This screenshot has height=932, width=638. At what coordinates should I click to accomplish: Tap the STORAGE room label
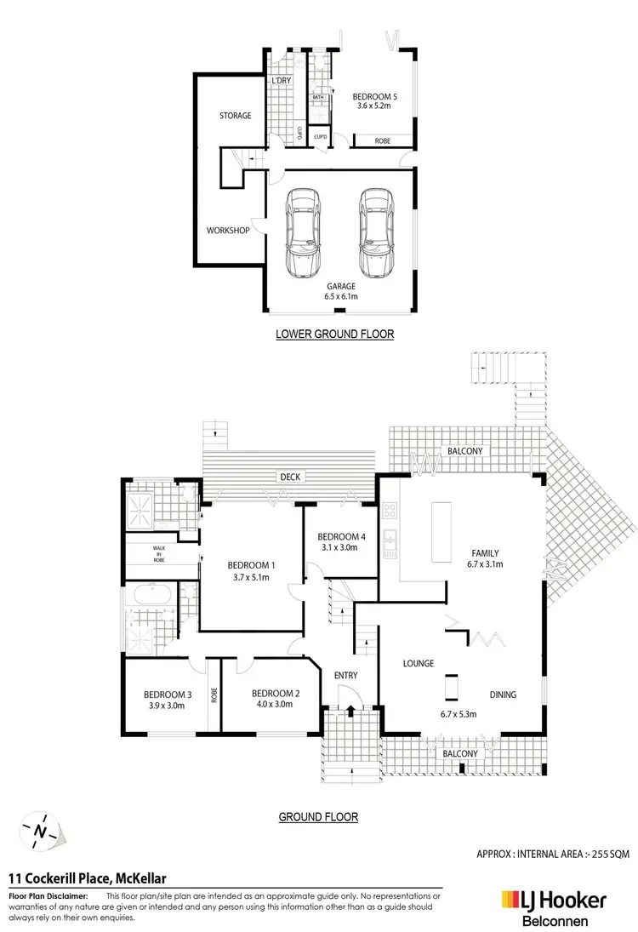coord(235,116)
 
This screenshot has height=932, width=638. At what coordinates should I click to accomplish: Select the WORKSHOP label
coord(228,230)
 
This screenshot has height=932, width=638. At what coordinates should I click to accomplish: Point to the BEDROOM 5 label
coord(374,97)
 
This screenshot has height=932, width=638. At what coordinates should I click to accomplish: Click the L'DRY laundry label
coord(282,81)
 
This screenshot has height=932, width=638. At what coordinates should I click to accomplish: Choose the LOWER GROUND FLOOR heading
coord(334,334)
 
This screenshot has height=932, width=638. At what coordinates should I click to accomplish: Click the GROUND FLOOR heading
coord(318,817)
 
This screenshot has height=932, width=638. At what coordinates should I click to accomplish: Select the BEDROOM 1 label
coord(251,565)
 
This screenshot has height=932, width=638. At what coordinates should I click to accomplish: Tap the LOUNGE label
coord(418,664)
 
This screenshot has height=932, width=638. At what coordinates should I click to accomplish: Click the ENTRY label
coord(346,675)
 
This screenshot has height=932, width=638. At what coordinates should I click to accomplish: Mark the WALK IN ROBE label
coord(158,553)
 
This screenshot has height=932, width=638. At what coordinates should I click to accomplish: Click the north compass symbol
coord(40,828)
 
